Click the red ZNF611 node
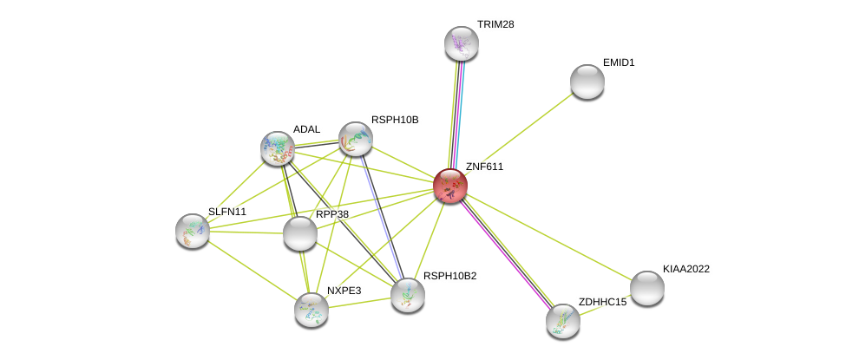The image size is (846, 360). point(450,185)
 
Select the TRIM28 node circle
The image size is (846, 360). point(462,43)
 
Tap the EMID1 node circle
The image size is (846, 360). point(587,82)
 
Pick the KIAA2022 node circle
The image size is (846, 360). point(646,288)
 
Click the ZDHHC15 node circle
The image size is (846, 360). point(563,321)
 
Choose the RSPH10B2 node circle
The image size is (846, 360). point(408,295)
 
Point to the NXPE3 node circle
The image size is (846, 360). point(312,310)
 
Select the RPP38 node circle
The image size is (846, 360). point(300,233)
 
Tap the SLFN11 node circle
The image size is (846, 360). point(193,231)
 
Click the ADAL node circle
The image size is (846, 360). point(278,148)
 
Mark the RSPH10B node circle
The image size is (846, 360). point(355,139)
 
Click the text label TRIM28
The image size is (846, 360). point(495,24)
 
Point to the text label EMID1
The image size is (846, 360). point(619,62)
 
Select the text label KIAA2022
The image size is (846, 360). point(685,269)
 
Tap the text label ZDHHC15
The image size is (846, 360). point(602,302)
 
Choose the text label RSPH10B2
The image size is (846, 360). point(449,276)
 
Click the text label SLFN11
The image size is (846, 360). point(227,212)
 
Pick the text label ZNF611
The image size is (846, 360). point(484,167)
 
